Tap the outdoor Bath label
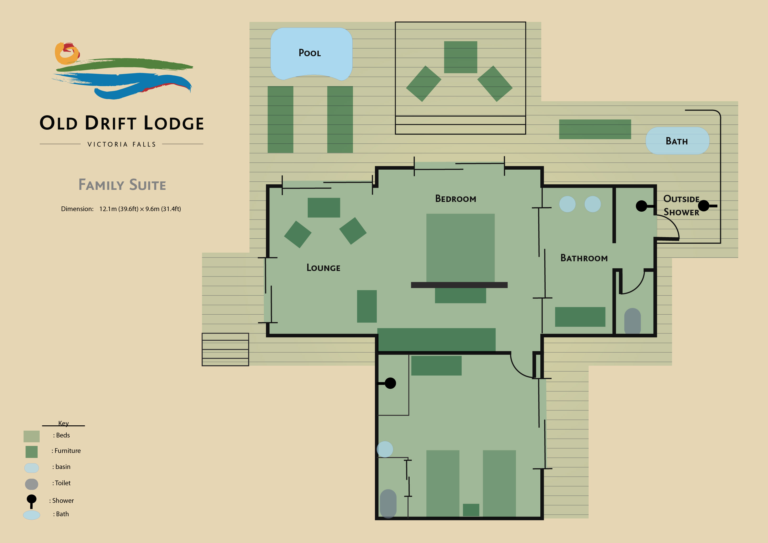677,141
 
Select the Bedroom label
456,199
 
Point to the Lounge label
323,268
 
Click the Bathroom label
584,258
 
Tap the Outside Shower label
681,205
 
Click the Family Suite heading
122,185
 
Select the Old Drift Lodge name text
122,123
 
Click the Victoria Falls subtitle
122,144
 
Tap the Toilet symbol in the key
32,484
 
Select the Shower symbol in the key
32,501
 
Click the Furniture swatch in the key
32,452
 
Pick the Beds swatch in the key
32,436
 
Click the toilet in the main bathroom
632,321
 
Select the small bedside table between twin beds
471,510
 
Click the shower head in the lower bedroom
390,383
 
